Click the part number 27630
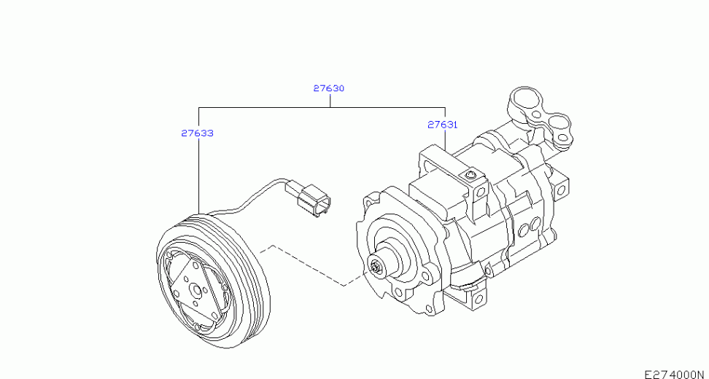[329, 88]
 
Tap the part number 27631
[443, 125]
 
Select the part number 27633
[197, 133]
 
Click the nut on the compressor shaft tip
[376, 267]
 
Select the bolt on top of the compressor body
[471, 174]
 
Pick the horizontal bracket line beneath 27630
[322, 108]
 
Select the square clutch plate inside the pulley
[195, 291]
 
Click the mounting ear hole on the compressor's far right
[561, 189]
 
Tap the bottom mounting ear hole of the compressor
[478, 299]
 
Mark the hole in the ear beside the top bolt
[481, 191]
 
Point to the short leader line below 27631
[446, 140]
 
